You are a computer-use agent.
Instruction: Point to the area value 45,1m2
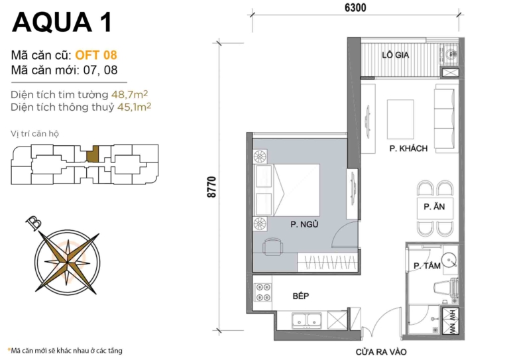coord(131,106)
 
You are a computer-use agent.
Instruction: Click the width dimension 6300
coord(355,7)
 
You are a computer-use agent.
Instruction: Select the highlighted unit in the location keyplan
coord(94,154)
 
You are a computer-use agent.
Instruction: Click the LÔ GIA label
coord(394,55)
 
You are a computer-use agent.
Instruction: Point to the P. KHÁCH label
coord(408,149)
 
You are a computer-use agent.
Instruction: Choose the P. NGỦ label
coord(304,225)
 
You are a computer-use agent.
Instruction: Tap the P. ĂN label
coord(434,207)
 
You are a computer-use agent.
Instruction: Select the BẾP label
coord(302,296)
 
